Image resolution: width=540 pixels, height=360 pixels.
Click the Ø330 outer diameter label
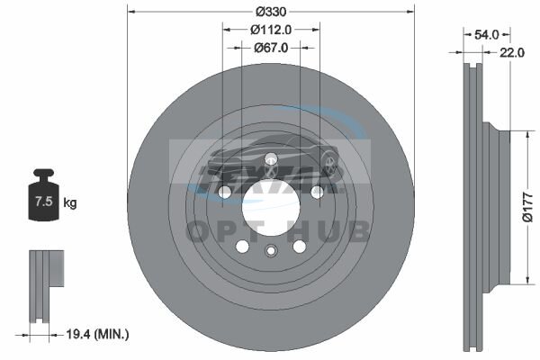click(271, 12)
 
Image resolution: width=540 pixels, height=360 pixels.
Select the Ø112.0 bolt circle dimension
click(271, 30)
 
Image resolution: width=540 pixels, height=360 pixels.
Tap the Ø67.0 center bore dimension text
click(271, 48)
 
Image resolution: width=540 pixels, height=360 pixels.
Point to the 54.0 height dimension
click(486, 34)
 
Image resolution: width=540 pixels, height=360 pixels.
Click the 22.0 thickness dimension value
click(512, 52)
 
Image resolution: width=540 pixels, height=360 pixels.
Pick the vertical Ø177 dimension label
click(527, 207)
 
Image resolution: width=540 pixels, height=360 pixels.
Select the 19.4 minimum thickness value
click(78, 334)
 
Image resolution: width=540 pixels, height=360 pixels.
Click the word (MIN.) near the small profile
click(112, 334)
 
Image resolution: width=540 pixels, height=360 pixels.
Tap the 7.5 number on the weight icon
click(44, 201)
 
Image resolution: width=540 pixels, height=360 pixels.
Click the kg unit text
click(70, 202)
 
